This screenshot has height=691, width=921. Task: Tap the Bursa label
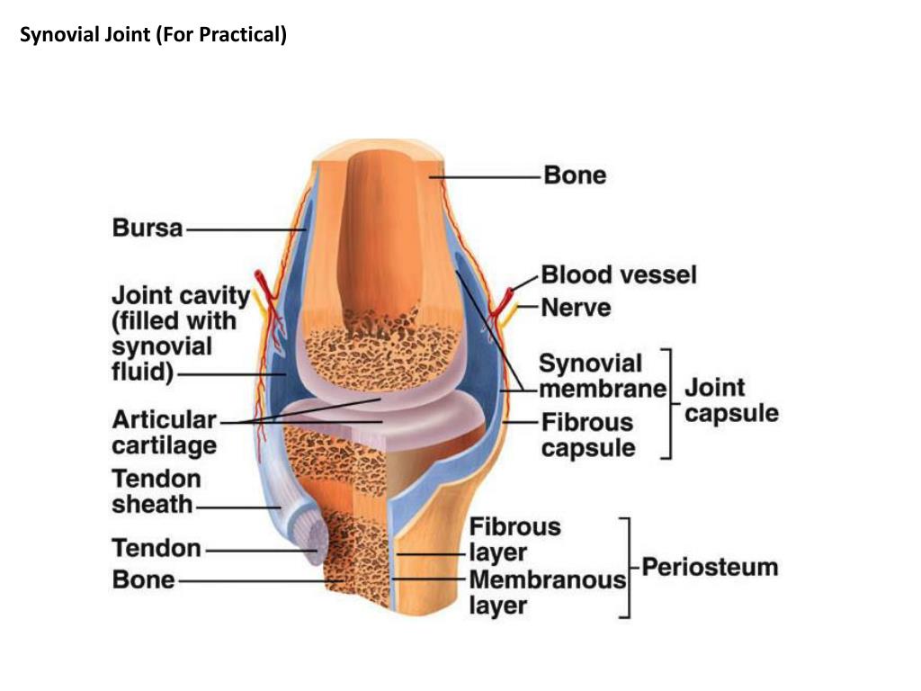(x=148, y=229)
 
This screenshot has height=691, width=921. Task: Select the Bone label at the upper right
(x=575, y=175)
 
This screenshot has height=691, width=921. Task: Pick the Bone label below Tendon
(x=144, y=579)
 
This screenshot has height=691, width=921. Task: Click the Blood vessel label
(x=619, y=274)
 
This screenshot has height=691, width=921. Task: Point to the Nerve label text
(x=576, y=308)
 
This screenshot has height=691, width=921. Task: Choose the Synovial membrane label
(x=602, y=376)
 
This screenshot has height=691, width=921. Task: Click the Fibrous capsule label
(x=587, y=435)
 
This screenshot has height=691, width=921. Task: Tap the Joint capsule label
(x=731, y=401)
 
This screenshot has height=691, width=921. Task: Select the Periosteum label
(x=710, y=568)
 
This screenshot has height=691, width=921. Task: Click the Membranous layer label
(x=547, y=592)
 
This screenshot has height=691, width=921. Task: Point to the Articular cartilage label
(x=164, y=432)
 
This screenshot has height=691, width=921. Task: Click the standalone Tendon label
(x=156, y=548)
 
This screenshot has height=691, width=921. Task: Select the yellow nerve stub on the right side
(x=512, y=311)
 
